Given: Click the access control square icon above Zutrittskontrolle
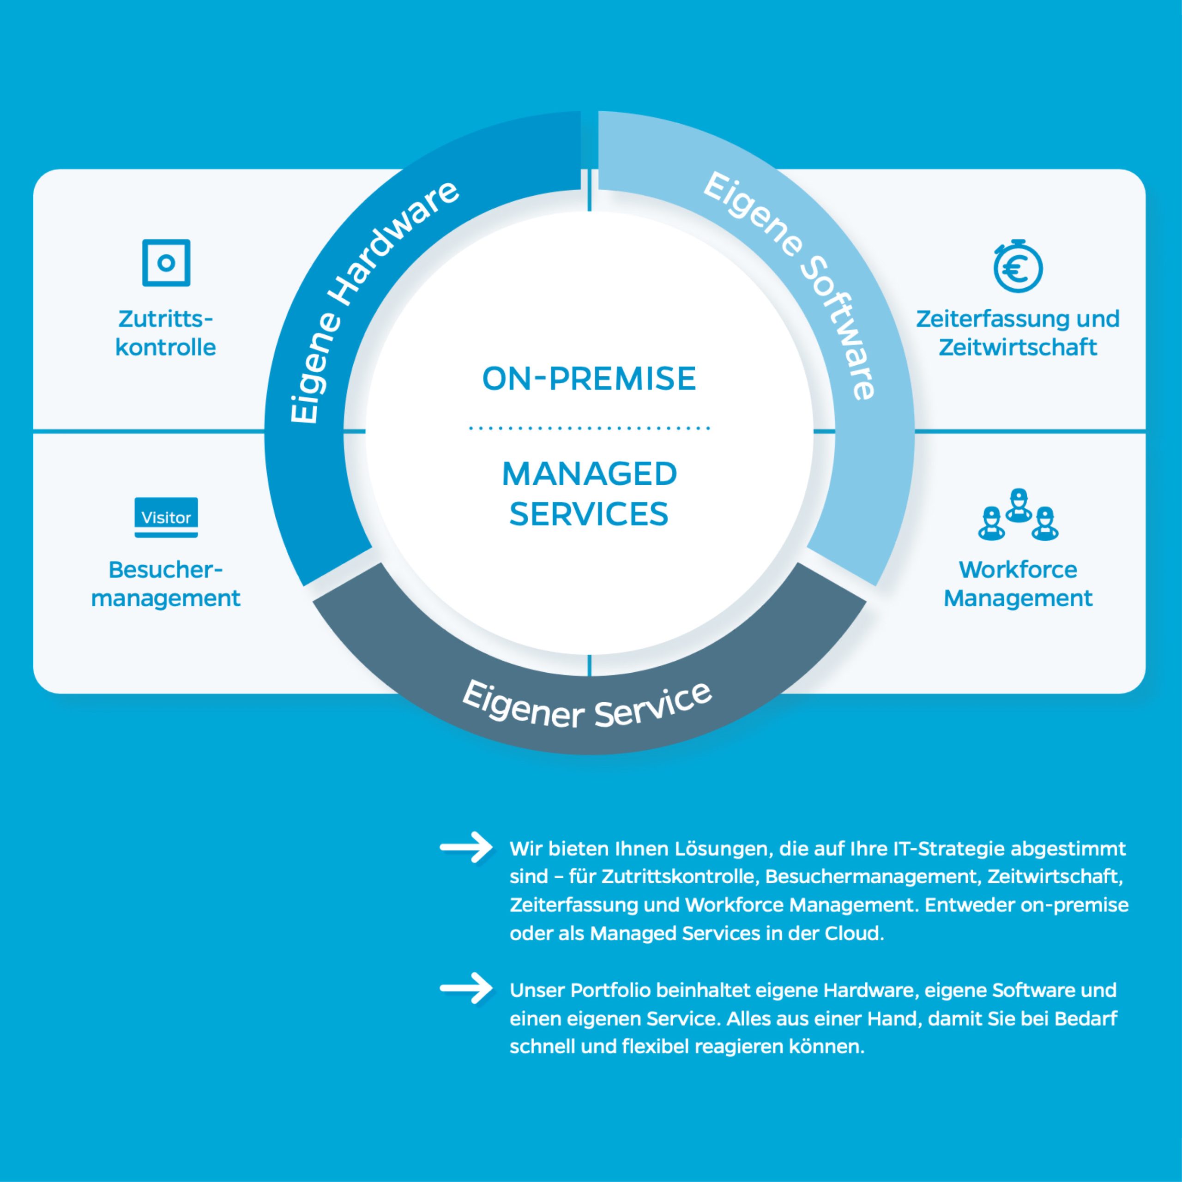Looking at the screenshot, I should tap(166, 262).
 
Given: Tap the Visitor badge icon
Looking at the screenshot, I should tap(166, 518).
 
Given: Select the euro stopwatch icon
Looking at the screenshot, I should tap(1018, 267).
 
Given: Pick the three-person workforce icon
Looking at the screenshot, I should tap(1018, 515).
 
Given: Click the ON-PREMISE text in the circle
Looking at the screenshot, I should tap(589, 378).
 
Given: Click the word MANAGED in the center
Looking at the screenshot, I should tap(589, 474).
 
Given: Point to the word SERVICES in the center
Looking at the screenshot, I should tap(589, 514).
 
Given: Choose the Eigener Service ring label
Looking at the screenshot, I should tap(587, 706).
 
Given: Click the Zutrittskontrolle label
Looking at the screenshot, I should tap(166, 333).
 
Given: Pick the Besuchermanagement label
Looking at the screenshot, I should tap(166, 584).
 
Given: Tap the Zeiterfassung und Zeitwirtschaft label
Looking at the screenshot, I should tap(1018, 333).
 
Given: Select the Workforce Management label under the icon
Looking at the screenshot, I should tap(1018, 584).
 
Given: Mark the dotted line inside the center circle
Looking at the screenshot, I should tap(589, 428).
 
